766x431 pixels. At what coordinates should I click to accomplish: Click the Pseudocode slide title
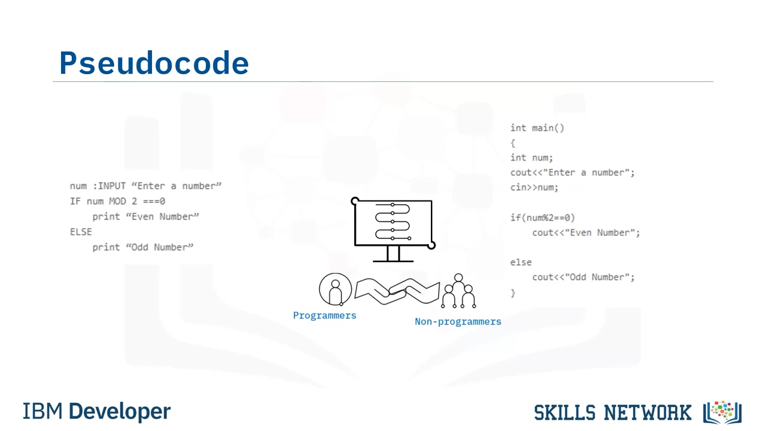pyautogui.click(x=154, y=63)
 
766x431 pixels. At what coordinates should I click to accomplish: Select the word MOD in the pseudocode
pyautogui.click(x=118, y=201)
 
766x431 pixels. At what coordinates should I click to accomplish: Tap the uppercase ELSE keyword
pyautogui.click(x=81, y=232)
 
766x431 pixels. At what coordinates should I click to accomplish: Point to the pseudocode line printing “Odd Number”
pyautogui.click(x=143, y=247)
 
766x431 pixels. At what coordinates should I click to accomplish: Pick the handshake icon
pyautogui.click(x=397, y=291)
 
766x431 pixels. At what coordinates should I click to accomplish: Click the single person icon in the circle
pyautogui.click(x=336, y=289)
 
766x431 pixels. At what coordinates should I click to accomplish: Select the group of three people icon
pyautogui.click(x=458, y=291)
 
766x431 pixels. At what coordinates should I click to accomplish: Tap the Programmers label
pyautogui.click(x=324, y=315)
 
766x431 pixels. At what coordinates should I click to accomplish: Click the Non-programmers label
pyautogui.click(x=458, y=321)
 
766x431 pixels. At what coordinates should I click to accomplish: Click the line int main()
pyautogui.click(x=537, y=128)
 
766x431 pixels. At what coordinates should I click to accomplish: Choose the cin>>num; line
pyautogui.click(x=534, y=187)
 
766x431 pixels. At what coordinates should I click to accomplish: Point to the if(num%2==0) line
pyautogui.click(x=543, y=217)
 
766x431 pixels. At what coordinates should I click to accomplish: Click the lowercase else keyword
pyautogui.click(x=521, y=262)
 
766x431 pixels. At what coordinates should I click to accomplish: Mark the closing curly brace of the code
pyautogui.click(x=513, y=293)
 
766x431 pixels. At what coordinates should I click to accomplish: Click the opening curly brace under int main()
pyautogui.click(x=513, y=143)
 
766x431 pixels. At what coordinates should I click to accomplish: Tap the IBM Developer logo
pyautogui.click(x=97, y=411)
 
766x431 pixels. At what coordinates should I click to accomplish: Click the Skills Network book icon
pyautogui.click(x=722, y=412)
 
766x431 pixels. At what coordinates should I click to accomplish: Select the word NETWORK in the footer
pyautogui.click(x=648, y=412)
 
